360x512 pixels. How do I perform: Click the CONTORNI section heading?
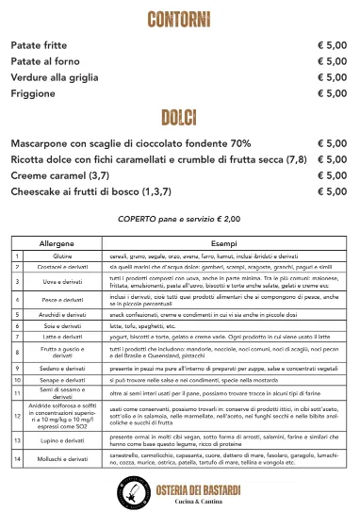[x=178, y=20]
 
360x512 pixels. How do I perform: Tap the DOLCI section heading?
[x=178, y=117]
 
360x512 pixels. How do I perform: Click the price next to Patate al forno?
[x=333, y=61]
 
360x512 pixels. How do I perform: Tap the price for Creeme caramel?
[x=333, y=175]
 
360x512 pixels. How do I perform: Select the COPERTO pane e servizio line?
[x=178, y=218]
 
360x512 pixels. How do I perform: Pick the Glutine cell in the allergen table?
[x=62, y=256]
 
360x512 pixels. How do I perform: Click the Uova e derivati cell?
[x=62, y=282]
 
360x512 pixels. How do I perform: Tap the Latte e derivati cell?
[x=62, y=336]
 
